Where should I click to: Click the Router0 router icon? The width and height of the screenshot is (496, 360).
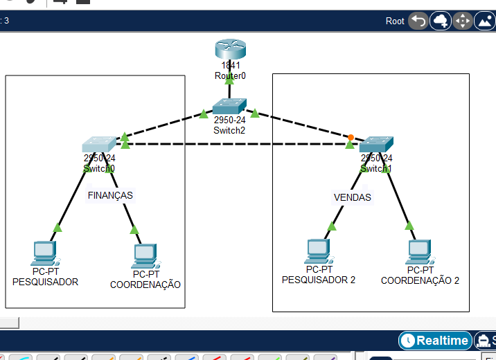[230, 50]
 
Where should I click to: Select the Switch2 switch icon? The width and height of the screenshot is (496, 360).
[229, 106]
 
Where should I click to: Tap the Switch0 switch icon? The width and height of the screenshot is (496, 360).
[99, 144]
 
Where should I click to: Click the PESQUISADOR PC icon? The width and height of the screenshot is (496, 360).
[44, 254]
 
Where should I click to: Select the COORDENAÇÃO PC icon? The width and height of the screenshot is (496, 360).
[145, 256]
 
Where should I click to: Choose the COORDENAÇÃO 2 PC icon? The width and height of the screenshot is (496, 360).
[419, 253]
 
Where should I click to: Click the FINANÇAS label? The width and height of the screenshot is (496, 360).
[110, 195]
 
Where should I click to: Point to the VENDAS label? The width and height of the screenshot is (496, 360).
[352, 197]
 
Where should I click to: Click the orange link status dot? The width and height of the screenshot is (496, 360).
[351, 137]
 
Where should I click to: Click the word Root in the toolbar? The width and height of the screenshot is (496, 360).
[395, 21]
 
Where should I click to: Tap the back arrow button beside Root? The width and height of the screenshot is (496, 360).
[418, 21]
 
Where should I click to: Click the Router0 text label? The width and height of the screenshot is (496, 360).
[230, 75]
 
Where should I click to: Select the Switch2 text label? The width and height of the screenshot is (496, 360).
[229, 129]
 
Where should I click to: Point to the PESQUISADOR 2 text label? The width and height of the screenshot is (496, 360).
[319, 280]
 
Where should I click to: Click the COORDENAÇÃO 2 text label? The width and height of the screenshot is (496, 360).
[420, 280]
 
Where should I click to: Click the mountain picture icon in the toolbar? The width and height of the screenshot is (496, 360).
[485, 21]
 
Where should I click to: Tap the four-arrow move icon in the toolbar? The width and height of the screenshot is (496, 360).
[462, 21]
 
